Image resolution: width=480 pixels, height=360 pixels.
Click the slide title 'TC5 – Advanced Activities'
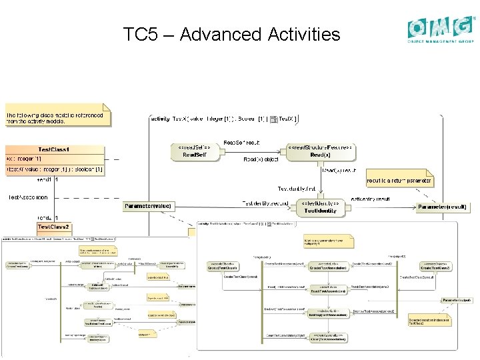click(x=231, y=34)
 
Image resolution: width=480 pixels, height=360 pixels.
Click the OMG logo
click(x=441, y=29)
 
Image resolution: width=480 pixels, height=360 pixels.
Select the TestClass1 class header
click(x=54, y=149)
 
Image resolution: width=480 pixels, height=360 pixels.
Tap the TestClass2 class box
click(x=54, y=227)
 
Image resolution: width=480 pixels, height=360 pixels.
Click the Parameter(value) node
click(x=148, y=207)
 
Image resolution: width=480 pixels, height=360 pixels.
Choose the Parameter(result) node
click(x=442, y=207)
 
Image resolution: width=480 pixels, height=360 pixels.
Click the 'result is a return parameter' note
click(x=400, y=180)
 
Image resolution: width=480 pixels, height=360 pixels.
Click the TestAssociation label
click(x=28, y=197)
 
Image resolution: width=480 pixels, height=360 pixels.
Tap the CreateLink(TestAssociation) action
click(x=327, y=267)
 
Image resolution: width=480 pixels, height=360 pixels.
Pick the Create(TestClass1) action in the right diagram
click(x=223, y=267)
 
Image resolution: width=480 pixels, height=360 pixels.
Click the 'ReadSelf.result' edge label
click(x=241, y=143)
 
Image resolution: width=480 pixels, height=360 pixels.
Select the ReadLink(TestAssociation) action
click(x=327, y=291)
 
